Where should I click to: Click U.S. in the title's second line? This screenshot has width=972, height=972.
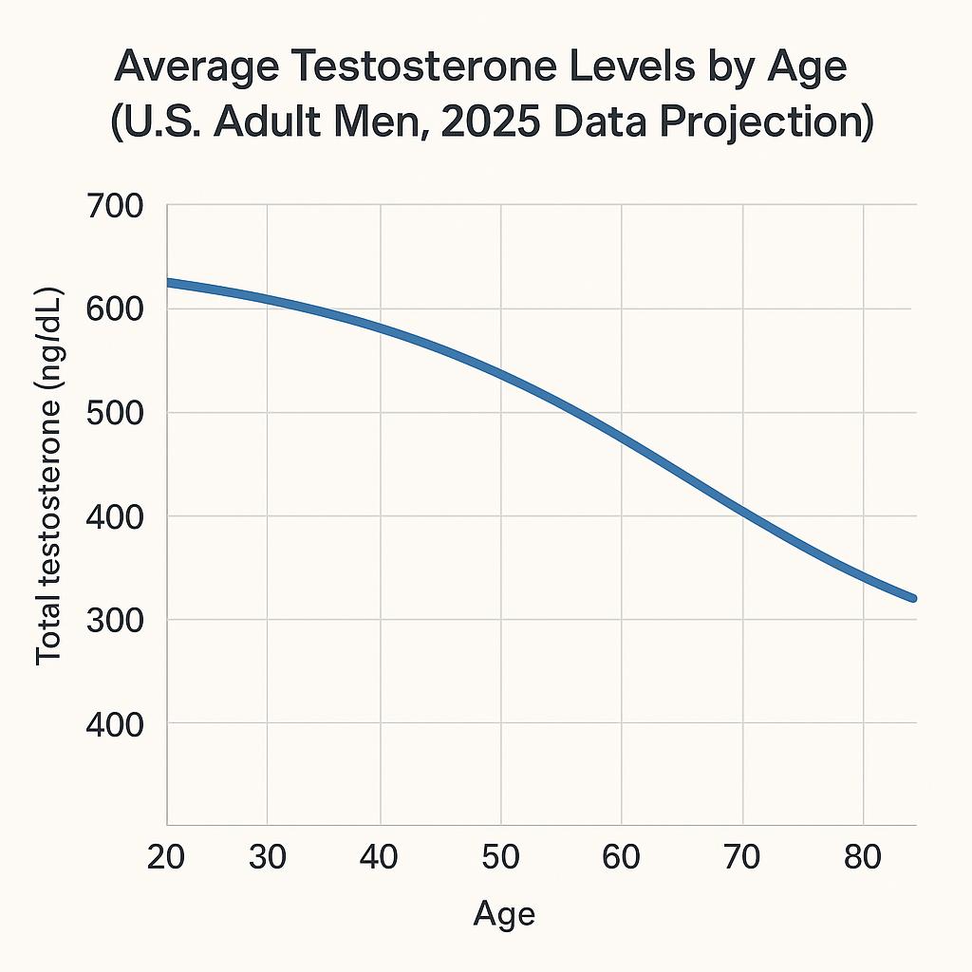click(166, 124)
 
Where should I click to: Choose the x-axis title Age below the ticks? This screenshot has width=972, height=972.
click(504, 914)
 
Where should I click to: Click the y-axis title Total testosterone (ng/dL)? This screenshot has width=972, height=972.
click(48, 476)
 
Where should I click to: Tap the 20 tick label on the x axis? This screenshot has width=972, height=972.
click(166, 857)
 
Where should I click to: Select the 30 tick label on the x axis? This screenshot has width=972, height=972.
click(268, 857)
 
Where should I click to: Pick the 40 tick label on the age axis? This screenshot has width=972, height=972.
click(380, 857)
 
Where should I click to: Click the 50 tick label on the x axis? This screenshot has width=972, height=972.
click(500, 857)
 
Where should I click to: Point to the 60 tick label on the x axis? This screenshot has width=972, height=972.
click(621, 857)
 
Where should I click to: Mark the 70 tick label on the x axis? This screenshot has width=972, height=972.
click(741, 857)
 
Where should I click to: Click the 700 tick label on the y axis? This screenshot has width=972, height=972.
click(113, 206)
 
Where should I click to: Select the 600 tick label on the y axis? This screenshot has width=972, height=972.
click(113, 309)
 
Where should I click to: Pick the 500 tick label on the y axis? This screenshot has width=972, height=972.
click(113, 413)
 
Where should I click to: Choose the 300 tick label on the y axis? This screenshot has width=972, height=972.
click(113, 620)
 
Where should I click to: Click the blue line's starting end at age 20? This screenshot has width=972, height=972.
click(170, 283)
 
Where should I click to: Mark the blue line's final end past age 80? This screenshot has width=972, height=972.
click(912, 598)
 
